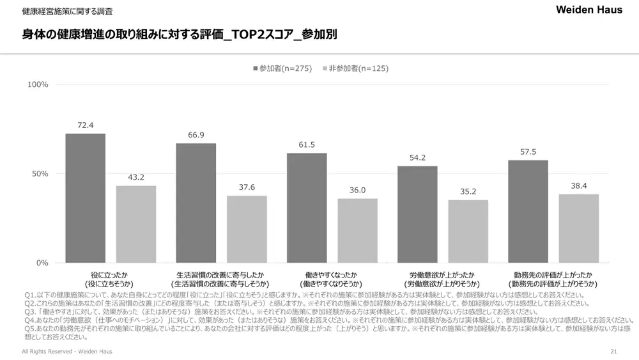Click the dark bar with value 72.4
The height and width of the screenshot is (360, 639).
coord(85,198)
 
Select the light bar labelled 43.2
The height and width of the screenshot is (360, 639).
coord(136,224)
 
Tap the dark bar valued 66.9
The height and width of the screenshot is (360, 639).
coord(196,203)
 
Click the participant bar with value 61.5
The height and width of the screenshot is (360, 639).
coord(307,208)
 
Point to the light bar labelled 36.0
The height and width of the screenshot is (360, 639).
coord(358,231)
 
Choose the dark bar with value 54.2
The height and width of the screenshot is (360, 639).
coord(417,214)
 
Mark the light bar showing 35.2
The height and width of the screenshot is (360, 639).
coord(468,231)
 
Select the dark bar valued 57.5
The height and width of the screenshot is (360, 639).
coord(528,212)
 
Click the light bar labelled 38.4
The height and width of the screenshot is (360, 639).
coord(579,228)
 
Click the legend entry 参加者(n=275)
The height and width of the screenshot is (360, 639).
coord(282,68)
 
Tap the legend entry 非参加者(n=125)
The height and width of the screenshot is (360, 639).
coord(355,68)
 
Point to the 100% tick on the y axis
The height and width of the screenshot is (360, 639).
coord(38,84)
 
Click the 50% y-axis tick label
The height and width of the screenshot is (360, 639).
coord(40,174)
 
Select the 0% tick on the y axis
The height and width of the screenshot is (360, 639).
coord(42,263)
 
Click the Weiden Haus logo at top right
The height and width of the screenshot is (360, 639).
coord(589,10)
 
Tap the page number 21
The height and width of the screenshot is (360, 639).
coord(613,352)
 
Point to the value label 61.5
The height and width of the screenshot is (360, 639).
coord(307,145)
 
